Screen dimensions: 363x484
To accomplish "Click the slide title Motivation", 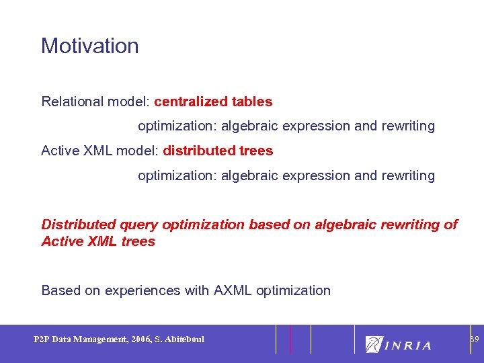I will (89, 46).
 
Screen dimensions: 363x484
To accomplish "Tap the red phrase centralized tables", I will (213, 102).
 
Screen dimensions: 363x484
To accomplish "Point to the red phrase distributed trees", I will (218, 151).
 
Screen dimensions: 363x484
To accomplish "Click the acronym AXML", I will (233, 290).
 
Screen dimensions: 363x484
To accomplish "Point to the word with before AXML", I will (197, 290).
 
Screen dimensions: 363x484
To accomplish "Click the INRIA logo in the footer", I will (398, 344).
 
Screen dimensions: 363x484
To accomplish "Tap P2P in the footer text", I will (42, 339).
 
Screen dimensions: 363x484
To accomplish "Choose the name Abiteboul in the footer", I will (185, 339).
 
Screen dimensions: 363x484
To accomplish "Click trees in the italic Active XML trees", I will (138, 241).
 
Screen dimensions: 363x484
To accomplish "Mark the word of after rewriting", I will (451, 225).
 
